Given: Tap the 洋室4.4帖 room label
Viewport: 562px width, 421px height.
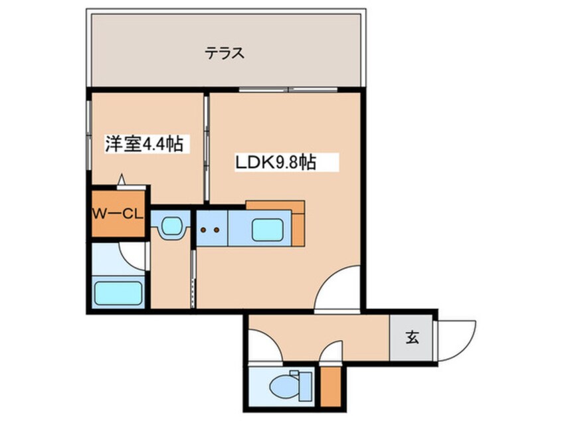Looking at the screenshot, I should tap(144, 144).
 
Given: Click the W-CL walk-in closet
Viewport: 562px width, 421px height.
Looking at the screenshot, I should tap(118, 214).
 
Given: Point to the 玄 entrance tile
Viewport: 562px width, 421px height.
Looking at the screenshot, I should tap(412, 337).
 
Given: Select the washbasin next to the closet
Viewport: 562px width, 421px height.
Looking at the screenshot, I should tap(171, 227).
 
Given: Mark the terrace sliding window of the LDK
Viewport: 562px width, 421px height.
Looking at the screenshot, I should tap(290, 89).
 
